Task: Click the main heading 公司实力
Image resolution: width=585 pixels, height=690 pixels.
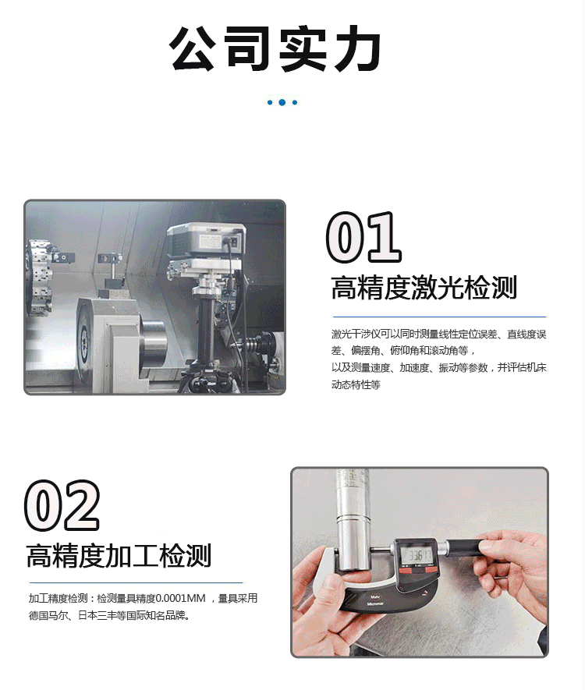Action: tap(275, 48)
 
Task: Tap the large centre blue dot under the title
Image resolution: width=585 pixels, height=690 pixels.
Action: tap(282, 103)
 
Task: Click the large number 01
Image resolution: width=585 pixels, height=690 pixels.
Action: tap(363, 237)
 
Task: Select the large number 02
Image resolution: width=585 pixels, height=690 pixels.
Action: tap(62, 505)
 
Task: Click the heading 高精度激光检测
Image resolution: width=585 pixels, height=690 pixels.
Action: tap(424, 288)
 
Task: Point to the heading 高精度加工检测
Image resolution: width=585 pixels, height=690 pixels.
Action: tap(119, 555)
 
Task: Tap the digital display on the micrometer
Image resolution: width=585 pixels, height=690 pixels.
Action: tap(417, 555)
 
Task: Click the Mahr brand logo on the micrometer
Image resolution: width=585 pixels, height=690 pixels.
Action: tap(375, 597)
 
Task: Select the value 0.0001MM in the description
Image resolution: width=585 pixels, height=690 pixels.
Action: tap(181, 599)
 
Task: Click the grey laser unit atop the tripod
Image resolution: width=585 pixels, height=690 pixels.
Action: tap(206, 241)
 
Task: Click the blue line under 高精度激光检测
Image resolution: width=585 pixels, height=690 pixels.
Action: tap(439, 317)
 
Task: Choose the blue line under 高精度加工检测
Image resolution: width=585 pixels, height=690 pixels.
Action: tap(136, 582)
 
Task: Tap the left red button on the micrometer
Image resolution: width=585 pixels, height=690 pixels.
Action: tap(405, 571)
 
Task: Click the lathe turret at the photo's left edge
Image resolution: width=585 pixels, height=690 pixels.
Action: tap(38, 278)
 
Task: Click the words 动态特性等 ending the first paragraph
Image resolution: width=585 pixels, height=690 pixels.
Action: tap(356, 384)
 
